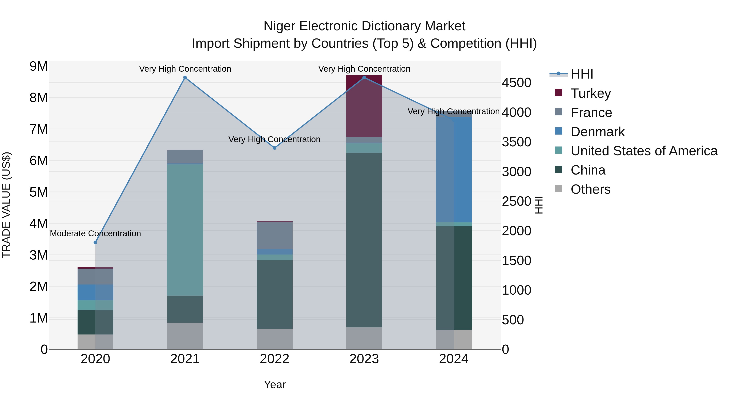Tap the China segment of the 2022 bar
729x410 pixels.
[x=275, y=294]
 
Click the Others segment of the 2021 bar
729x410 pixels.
[x=185, y=336]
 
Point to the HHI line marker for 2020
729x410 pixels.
[x=95, y=243]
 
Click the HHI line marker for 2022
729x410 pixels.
[x=275, y=148]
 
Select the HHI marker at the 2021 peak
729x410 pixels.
[x=185, y=78]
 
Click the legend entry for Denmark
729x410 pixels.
[x=597, y=132]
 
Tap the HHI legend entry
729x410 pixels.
[x=582, y=74]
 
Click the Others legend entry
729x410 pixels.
[x=590, y=189]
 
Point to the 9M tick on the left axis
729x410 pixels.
[x=38, y=66]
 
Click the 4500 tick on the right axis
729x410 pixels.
[x=516, y=83]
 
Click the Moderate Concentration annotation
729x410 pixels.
[x=95, y=233]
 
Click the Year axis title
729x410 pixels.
[x=275, y=384]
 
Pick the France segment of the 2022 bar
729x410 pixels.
[x=275, y=235]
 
